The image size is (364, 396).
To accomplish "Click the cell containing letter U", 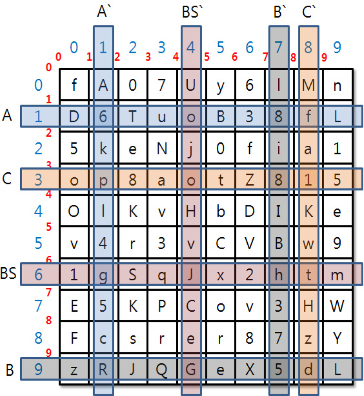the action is (x=191, y=85).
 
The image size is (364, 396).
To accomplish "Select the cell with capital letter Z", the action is (x=249, y=181).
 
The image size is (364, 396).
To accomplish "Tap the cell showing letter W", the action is (x=337, y=306).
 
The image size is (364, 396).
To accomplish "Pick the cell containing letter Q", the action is (x=162, y=369).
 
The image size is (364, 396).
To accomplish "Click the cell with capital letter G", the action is (x=191, y=369).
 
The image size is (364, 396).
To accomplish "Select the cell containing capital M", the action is (x=308, y=85).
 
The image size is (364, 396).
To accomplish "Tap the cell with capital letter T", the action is (x=133, y=117).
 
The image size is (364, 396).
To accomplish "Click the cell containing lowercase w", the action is (x=308, y=243).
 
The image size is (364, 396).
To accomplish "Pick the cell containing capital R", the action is (x=103, y=369).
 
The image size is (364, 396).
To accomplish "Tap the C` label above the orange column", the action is (x=308, y=13).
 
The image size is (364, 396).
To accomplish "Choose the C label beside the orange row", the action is (x=7, y=179).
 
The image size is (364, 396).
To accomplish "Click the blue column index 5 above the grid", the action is (x=220, y=48).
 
